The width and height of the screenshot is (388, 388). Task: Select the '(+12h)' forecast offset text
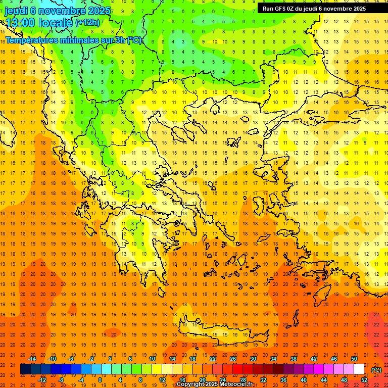(x=87, y=23)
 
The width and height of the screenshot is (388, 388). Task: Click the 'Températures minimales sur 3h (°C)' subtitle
(x=73, y=40)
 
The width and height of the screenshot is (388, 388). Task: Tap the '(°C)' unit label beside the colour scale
(x=376, y=370)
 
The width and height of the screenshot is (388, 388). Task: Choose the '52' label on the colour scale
(x=364, y=380)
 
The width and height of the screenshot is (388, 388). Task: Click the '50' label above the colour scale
(x=354, y=359)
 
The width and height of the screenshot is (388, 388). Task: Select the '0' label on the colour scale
(x=100, y=380)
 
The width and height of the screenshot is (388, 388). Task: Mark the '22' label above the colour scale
(x=213, y=359)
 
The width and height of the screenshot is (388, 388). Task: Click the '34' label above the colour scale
(x=273, y=359)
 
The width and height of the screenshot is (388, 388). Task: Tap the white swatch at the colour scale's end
(x=359, y=369)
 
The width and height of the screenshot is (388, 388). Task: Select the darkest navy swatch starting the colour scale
(x=25, y=369)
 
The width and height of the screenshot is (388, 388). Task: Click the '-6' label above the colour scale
(x=71, y=359)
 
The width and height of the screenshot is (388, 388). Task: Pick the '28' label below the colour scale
(x=243, y=380)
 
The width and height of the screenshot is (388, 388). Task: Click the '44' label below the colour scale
(x=324, y=380)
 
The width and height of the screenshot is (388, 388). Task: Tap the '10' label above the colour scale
(x=152, y=359)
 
